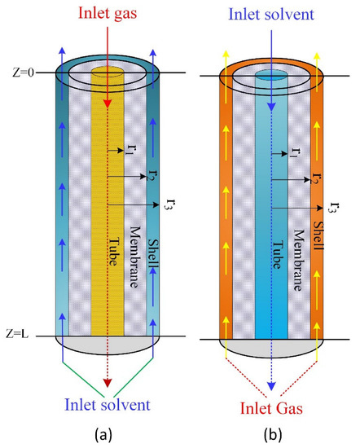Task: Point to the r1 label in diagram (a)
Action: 130,151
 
